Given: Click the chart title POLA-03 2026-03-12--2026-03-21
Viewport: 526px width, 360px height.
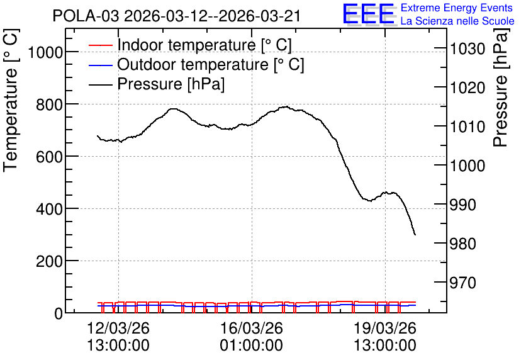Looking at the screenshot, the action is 177,16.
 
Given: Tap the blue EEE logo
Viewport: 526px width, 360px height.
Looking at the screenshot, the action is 369,14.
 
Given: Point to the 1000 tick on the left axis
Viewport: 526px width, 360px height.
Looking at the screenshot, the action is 45,52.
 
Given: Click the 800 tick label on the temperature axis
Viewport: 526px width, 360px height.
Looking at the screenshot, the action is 49,104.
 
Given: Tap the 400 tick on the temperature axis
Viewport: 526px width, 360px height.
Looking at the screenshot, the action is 49,209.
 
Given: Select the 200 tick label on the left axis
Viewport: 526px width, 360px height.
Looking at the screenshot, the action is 49,261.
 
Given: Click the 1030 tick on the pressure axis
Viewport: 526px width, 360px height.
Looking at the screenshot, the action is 467,49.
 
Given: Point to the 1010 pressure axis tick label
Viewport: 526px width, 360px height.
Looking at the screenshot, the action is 467,127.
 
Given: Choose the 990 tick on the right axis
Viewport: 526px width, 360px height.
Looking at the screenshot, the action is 462,205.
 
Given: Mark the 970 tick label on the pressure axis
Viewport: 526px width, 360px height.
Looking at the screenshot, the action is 462,283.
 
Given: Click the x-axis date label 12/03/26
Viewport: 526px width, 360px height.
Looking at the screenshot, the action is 118,328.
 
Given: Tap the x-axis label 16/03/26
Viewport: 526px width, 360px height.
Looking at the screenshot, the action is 252,328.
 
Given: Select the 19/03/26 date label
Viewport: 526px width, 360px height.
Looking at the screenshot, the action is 385,328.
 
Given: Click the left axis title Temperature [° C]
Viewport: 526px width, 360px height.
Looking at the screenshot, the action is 11,100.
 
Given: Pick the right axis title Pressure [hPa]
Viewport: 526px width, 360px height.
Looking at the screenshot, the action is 501,87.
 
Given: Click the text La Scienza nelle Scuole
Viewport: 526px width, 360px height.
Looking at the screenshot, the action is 457,21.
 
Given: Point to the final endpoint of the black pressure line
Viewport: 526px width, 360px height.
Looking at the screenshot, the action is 415,235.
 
